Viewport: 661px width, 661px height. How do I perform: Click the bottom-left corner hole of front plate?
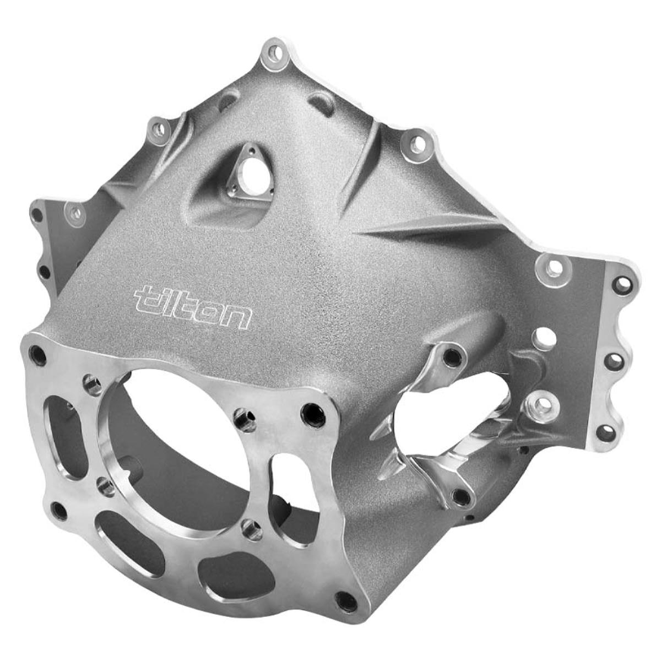(x=59, y=511)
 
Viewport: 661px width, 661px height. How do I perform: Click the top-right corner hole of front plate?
(x=313, y=410)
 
